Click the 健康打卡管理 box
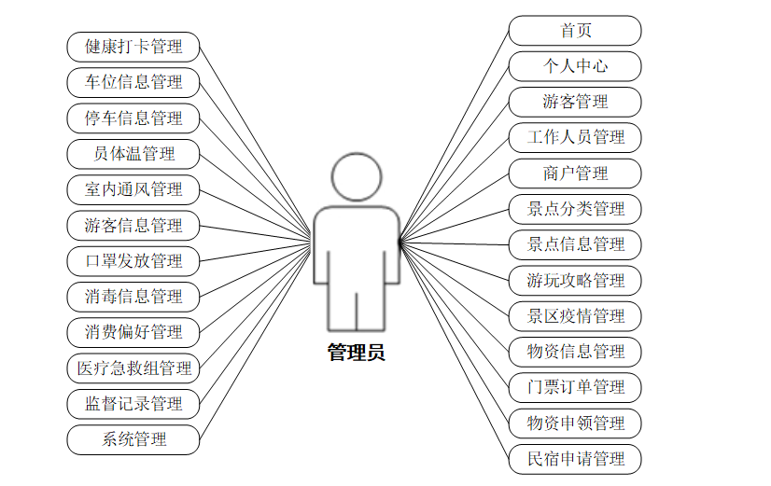[133, 46]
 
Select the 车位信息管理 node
[133, 81]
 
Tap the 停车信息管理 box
[133, 118]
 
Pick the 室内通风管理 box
[133, 189]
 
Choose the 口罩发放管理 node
[133, 260]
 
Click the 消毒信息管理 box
[133, 297]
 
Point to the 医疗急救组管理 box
[133, 368]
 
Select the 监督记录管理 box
[133, 404]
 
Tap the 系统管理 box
[133, 439]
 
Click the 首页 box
[575, 30]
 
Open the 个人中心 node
[575, 66]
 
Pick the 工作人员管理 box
[575, 137]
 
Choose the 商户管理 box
[575, 174]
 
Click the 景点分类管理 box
[575, 209]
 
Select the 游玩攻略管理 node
[575, 280]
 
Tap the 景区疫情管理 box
[575, 316]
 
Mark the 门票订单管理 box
[575, 387]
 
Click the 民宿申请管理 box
[575, 459]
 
